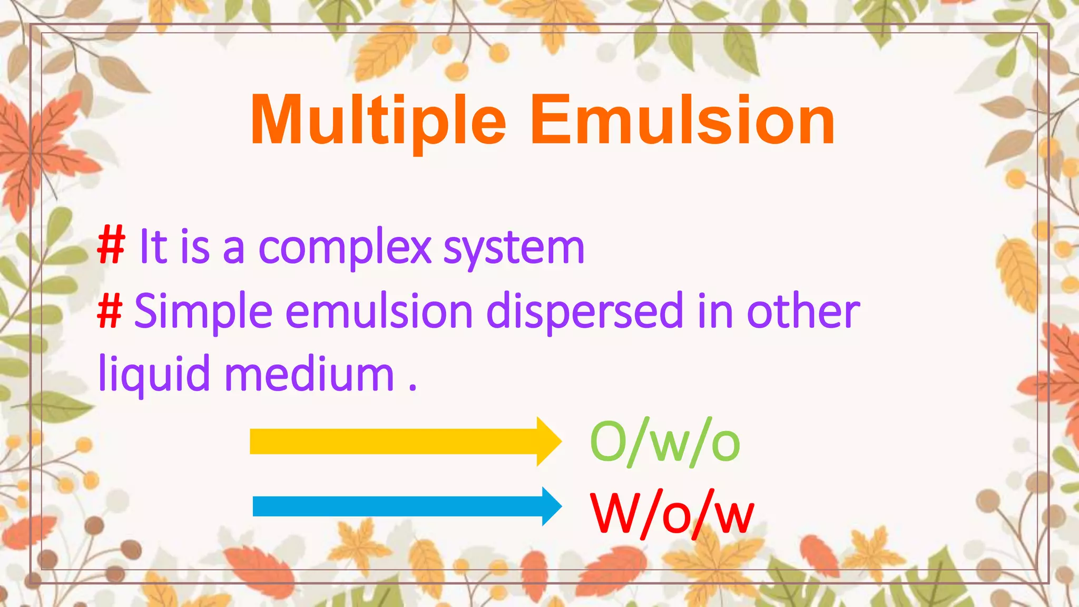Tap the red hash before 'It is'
coord(111,246)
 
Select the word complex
coord(345,248)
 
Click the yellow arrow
coord(400,442)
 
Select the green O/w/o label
coord(665,442)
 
